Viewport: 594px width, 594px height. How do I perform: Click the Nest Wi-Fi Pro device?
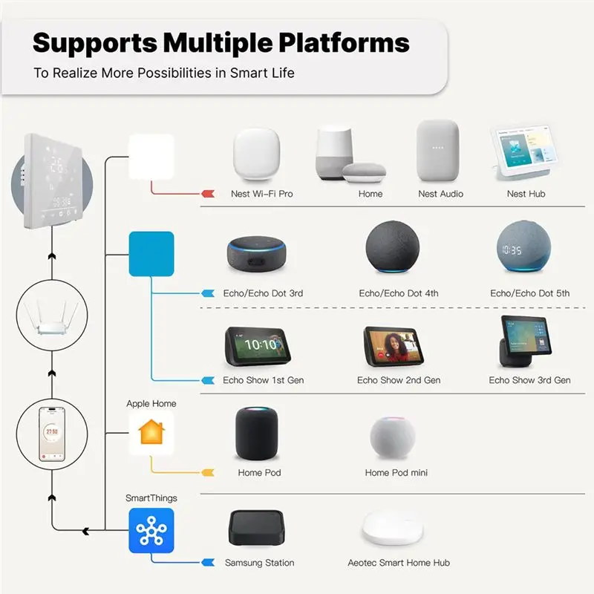[x=257, y=154]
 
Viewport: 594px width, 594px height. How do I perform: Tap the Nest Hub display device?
[x=525, y=151]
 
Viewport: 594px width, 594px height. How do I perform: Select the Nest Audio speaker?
[x=438, y=151]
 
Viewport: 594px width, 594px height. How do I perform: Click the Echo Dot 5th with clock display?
[x=523, y=247]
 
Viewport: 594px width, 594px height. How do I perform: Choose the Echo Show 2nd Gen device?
[x=394, y=346]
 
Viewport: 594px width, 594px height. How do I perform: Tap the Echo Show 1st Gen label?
[x=264, y=380]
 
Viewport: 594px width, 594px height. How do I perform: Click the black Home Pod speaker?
[x=256, y=434]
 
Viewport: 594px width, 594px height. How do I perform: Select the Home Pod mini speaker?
[x=393, y=437]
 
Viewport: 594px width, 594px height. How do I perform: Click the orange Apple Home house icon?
[x=151, y=432]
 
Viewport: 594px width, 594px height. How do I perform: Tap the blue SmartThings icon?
[x=151, y=530]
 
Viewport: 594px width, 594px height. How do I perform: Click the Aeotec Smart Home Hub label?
[x=399, y=563]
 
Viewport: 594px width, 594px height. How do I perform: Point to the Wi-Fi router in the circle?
[x=52, y=318]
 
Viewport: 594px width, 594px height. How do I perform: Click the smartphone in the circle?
[x=52, y=434]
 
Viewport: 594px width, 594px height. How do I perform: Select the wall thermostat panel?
[x=53, y=180]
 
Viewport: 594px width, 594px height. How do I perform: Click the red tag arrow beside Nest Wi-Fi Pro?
[x=208, y=194]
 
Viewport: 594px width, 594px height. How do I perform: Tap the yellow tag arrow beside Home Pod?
[x=208, y=472]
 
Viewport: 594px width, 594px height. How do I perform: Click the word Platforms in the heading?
[x=344, y=43]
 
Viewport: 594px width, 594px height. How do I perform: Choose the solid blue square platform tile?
[x=151, y=254]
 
